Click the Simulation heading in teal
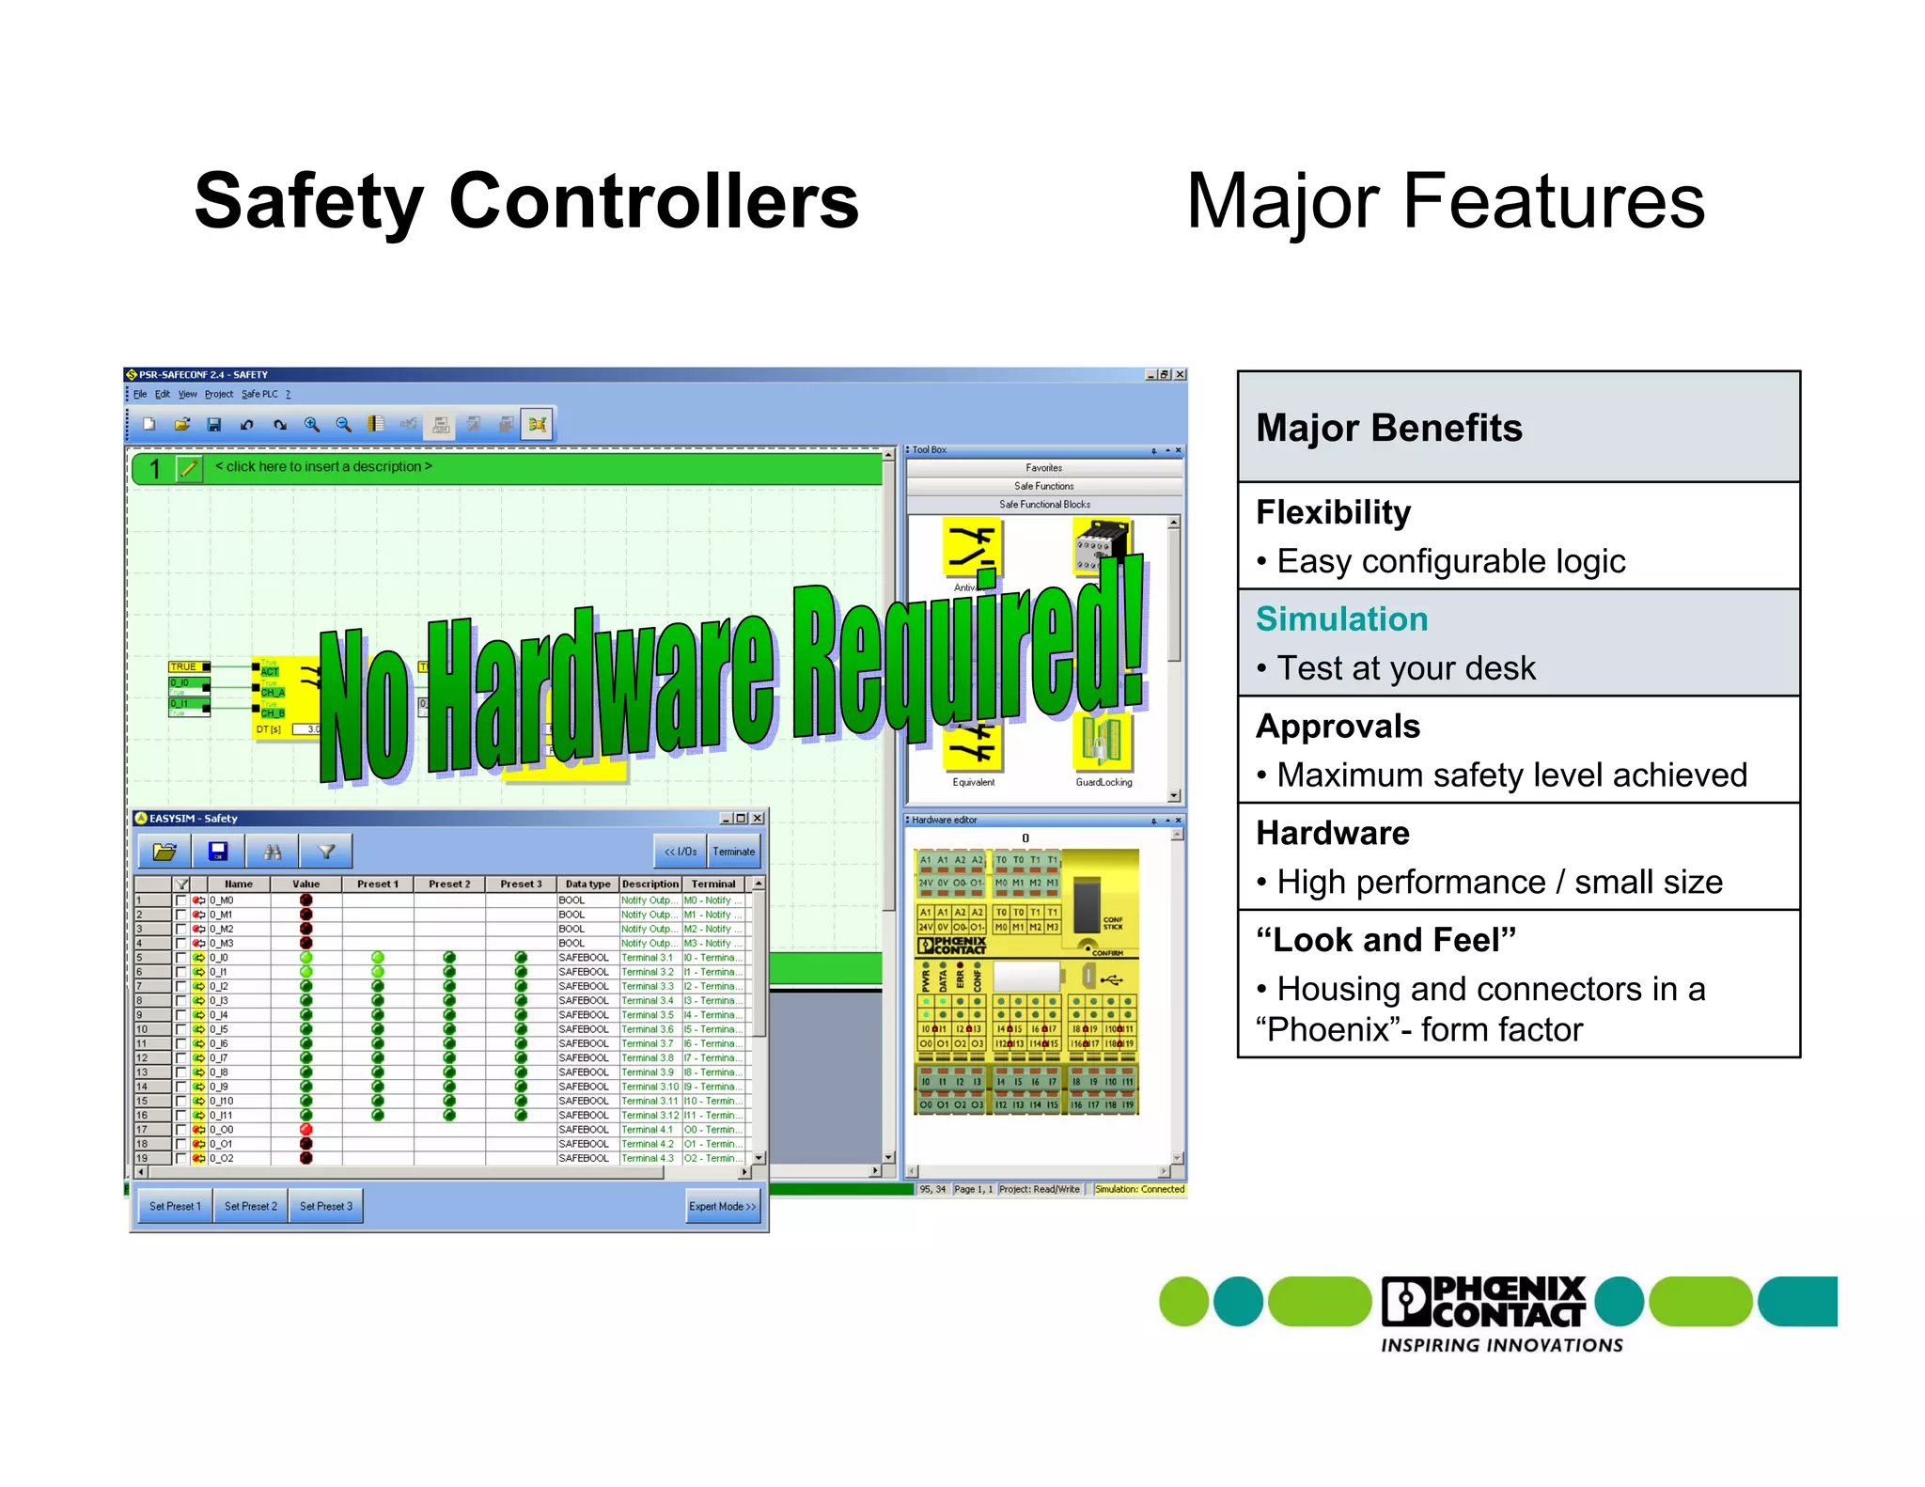(x=1341, y=619)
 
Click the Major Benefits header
(x=1388, y=428)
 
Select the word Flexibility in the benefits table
(x=1333, y=512)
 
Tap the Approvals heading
(x=1338, y=727)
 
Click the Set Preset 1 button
(x=175, y=1206)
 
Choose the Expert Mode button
(x=722, y=1206)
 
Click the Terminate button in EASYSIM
(x=733, y=852)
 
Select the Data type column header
(x=587, y=884)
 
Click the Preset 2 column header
(x=449, y=884)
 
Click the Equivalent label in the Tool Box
(x=973, y=782)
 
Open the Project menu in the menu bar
(x=218, y=394)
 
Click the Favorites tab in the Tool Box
(x=1043, y=468)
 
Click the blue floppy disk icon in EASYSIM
(x=218, y=852)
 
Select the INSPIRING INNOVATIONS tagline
(x=1501, y=1345)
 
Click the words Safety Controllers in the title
(x=526, y=201)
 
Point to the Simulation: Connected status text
(x=1139, y=1189)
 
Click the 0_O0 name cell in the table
(x=222, y=1130)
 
